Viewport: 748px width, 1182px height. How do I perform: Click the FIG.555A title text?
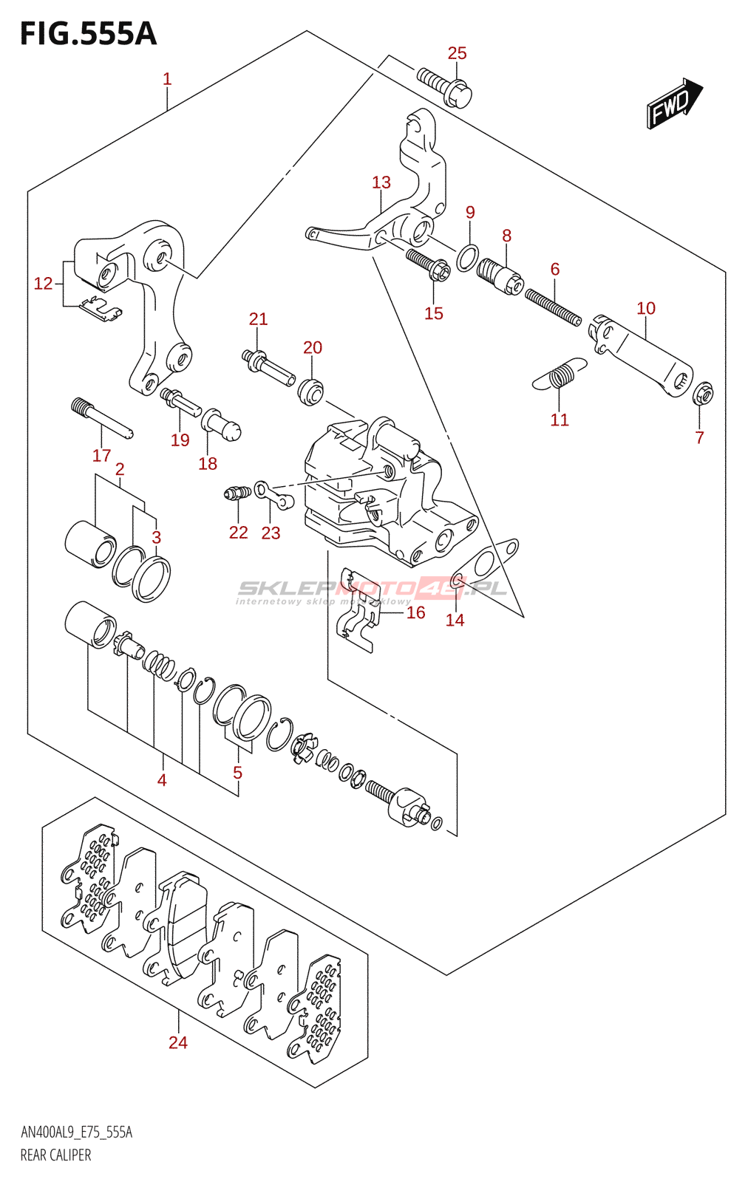tap(88, 34)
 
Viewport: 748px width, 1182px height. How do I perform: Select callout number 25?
tap(457, 53)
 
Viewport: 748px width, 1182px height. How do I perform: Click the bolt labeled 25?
tap(444, 86)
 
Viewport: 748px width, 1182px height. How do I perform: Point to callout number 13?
tap(381, 182)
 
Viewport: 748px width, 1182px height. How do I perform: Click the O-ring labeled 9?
tap(467, 258)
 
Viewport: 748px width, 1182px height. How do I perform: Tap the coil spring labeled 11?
tap(560, 375)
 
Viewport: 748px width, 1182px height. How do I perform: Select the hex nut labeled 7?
tap(702, 394)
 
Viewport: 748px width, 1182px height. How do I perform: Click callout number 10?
tap(645, 308)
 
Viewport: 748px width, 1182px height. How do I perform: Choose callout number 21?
tap(258, 319)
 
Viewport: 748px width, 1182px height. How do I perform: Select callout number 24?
tap(177, 1042)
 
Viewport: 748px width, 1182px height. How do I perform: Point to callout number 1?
tap(167, 79)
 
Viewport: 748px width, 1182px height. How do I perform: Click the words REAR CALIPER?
tap(55, 1155)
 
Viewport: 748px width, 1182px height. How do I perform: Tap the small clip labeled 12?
tap(101, 309)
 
